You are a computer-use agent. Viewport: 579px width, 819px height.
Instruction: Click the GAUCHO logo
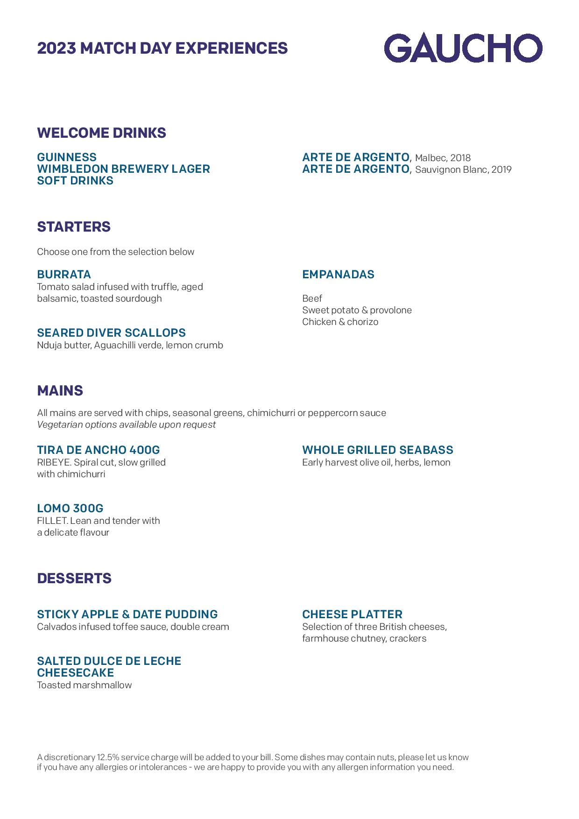(463, 48)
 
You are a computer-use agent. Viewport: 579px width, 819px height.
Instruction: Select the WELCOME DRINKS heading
(101, 133)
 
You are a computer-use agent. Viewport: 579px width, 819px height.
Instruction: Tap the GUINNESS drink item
(67, 157)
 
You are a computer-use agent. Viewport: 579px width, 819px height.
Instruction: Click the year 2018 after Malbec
(460, 158)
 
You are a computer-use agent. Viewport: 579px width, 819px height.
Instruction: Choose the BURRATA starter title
(64, 275)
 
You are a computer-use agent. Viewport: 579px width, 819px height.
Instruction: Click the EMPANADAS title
(338, 275)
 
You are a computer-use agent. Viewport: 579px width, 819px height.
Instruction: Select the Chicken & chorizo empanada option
(340, 322)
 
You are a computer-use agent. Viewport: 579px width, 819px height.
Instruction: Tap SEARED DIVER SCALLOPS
(111, 333)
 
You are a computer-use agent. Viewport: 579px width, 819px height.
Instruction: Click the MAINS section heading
(60, 391)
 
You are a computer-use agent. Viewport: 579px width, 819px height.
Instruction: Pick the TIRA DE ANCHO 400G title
(98, 450)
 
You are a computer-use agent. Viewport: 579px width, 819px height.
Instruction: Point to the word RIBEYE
(54, 462)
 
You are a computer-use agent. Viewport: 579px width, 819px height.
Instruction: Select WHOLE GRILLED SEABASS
(377, 450)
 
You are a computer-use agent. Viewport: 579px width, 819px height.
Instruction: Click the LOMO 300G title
(70, 508)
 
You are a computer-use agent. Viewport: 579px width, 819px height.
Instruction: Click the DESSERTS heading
(74, 579)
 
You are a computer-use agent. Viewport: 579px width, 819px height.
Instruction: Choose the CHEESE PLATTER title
(352, 614)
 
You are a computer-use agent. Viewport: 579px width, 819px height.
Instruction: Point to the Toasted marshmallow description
(85, 685)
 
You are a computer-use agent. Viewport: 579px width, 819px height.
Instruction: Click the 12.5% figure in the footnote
(107, 757)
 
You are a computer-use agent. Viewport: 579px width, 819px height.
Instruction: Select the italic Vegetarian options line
(126, 424)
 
